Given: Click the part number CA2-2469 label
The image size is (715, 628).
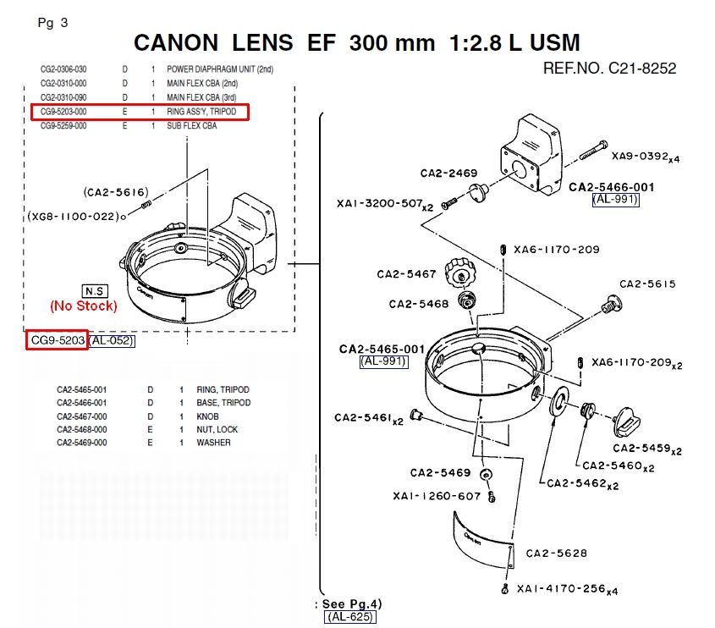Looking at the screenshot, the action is pos(448,174).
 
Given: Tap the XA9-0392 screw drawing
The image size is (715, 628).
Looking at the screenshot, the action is pos(593,150).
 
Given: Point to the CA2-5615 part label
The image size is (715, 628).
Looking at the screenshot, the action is pos(647,284).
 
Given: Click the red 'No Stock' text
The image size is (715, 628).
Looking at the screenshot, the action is pos(84,306).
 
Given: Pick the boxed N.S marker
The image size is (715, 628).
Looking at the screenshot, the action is pos(95,291).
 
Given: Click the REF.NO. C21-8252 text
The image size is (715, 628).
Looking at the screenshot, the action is pos(610,69).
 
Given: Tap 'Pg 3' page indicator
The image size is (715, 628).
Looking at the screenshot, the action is pos(53,23).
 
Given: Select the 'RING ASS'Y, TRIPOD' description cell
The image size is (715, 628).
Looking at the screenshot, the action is pos(201,112).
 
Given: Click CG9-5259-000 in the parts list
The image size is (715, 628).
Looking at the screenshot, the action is pos(63,126).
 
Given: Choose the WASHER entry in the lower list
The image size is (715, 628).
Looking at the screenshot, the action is pos(213,443).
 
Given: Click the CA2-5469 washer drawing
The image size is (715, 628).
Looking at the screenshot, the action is pos(486,474).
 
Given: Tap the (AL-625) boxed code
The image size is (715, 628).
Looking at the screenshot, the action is pos(350,617).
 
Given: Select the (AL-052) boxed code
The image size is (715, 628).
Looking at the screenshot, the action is pos(111,341).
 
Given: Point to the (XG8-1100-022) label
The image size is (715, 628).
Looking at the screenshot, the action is pos(73,216).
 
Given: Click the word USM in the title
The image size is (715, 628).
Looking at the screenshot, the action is pos(555,43).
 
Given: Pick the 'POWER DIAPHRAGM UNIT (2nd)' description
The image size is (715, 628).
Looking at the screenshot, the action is pos(220,69).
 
